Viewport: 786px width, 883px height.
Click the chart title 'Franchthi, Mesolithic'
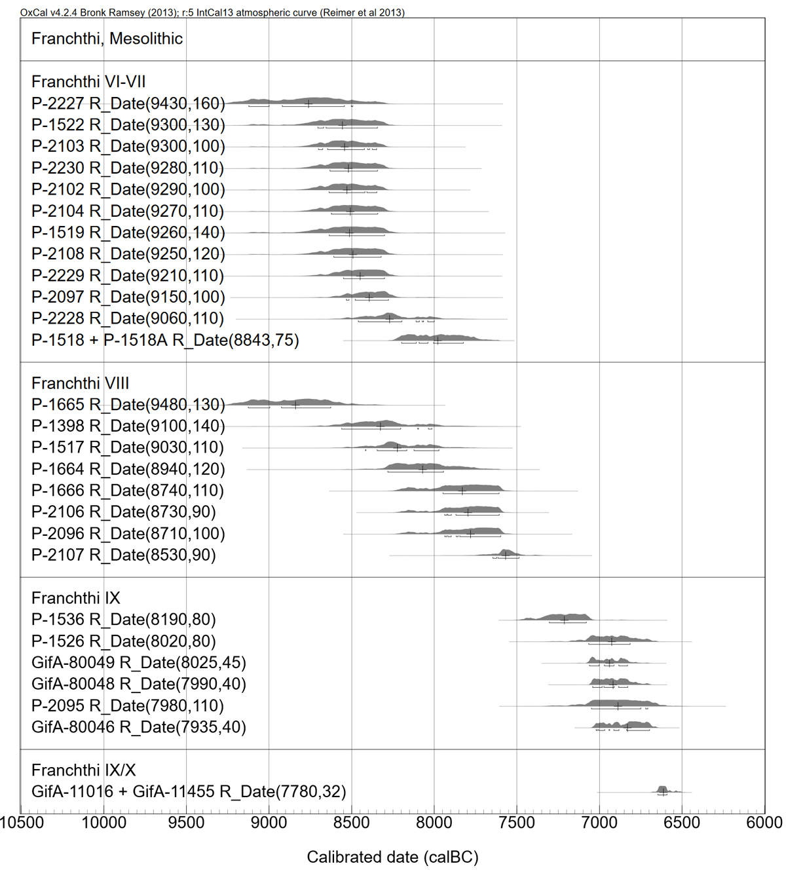coord(107,39)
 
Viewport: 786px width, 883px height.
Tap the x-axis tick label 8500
coord(351,823)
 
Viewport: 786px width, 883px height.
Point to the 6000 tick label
coord(764,823)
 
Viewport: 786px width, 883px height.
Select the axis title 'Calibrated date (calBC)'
coord(392,857)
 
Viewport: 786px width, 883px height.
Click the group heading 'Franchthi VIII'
coord(80,383)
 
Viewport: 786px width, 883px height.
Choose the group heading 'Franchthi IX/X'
coord(83,770)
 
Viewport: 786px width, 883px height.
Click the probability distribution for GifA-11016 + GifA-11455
coord(662,789)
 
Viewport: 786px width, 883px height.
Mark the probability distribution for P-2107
coord(505,554)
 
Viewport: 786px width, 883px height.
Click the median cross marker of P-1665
coord(295,405)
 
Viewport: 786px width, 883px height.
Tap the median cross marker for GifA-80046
coord(627,727)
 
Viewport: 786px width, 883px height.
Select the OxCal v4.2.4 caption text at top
coord(212,12)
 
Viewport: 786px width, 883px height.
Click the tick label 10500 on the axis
coord(22,823)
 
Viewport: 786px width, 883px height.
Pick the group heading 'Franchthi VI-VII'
coord(88,82)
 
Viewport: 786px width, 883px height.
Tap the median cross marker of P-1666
coord(462,491)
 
